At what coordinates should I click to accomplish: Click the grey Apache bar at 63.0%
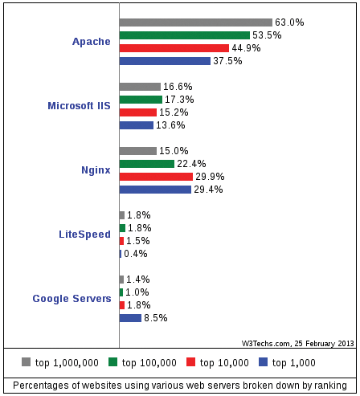pos(195,22)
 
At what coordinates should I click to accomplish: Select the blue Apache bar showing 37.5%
pos(165,61)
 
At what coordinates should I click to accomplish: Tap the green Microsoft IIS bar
pos(141,100)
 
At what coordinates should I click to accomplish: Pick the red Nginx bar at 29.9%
pos(156,177)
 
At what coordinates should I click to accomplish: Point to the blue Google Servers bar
pos(130,318)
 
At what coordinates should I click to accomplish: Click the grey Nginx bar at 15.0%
pos(137,151)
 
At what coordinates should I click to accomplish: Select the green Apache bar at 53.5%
pos(184,35)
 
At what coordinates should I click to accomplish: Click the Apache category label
pos(91,42)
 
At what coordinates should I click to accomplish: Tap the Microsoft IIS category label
pos(79,106)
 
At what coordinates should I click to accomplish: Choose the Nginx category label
pos(96,170)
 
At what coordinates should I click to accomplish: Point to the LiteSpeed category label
pos(84,235)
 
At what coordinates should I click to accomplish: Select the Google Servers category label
pos(72,299)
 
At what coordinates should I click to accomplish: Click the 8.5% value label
pos(156,318)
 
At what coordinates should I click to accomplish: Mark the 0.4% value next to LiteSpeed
pos(135,254)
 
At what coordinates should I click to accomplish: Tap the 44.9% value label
pos(246,48)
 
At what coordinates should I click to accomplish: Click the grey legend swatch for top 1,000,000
pos(26,362)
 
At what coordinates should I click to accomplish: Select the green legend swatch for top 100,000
pos(113,362)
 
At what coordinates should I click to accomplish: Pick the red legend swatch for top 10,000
pos(190,362)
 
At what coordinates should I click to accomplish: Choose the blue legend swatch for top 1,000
pos(263,362)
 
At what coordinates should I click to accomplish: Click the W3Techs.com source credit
pos(297,342)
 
